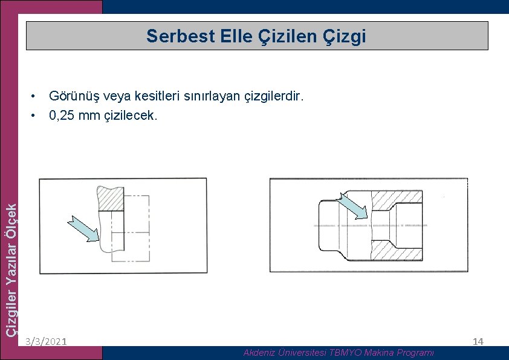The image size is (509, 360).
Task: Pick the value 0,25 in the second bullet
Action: [62, 115]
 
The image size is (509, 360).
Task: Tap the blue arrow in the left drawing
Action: [83, 229]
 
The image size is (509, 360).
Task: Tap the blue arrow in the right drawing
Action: [353, 206]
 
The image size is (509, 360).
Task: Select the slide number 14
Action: [478, 342]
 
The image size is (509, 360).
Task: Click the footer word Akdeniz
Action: [259, 352]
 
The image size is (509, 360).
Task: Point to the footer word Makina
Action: [381, 352]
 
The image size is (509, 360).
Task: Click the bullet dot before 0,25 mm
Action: [36, 115]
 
